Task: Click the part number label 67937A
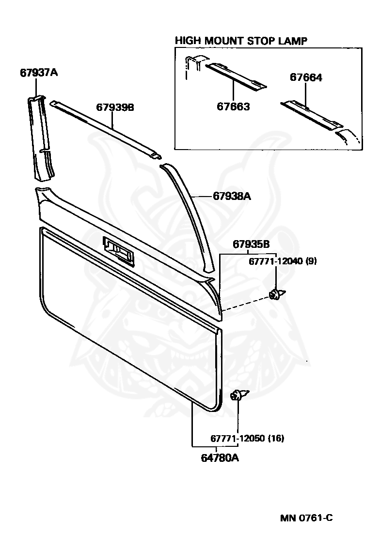(x=39, y=73)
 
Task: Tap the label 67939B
(x=114, y=107)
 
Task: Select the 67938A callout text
(x=232, y=197)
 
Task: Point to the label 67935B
(x=251, y=244)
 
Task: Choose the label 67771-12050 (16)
(x=247, y=439)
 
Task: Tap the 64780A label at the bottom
(x=220, y=457)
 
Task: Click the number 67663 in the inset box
(x=233, y=107)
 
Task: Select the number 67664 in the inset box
(x=306, y=77)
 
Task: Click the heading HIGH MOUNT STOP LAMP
(x=241, y=41)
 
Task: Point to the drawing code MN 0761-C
(x=306, y=518)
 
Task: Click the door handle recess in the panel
(x=118, y=251)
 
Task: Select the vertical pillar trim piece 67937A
(x=42, y=138)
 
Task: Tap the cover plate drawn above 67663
(x=235, y=76)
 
